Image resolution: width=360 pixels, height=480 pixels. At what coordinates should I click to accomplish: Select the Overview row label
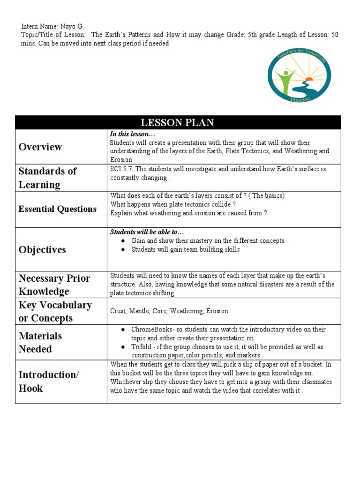click(40, 147)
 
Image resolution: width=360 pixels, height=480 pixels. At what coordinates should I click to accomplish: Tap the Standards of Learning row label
click(47, 178)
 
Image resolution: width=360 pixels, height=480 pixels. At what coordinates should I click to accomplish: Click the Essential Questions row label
click(58, 209)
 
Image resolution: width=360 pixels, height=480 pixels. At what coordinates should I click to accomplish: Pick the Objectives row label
click(42, 249)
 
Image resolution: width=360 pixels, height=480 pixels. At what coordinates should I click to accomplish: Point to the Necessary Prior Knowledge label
click(54, 285)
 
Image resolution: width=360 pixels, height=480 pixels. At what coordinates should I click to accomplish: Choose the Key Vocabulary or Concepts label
click(55, 311)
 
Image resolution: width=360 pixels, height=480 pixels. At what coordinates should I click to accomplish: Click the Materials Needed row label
click(40, 342)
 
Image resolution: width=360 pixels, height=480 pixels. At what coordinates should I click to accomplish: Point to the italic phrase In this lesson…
click(128, 135)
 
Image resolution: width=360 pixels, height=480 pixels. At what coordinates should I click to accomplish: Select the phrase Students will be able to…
click(147, 232)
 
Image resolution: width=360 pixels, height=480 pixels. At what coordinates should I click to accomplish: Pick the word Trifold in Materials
click(141, 347)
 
